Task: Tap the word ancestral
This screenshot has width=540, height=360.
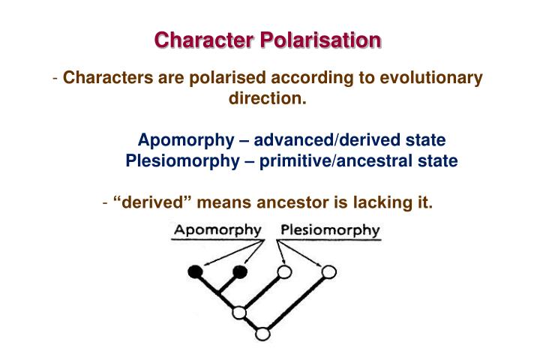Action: (x=377, y=160)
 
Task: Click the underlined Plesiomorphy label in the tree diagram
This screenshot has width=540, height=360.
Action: (x=330, y=230)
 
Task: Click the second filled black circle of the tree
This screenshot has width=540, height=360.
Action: (x=240, y=271)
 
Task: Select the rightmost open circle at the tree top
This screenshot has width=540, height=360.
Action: (x=328, y=271)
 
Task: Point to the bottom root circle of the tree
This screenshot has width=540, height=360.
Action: (x=262, y=334)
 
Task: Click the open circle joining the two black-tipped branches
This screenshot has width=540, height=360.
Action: (x=239, y=312)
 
